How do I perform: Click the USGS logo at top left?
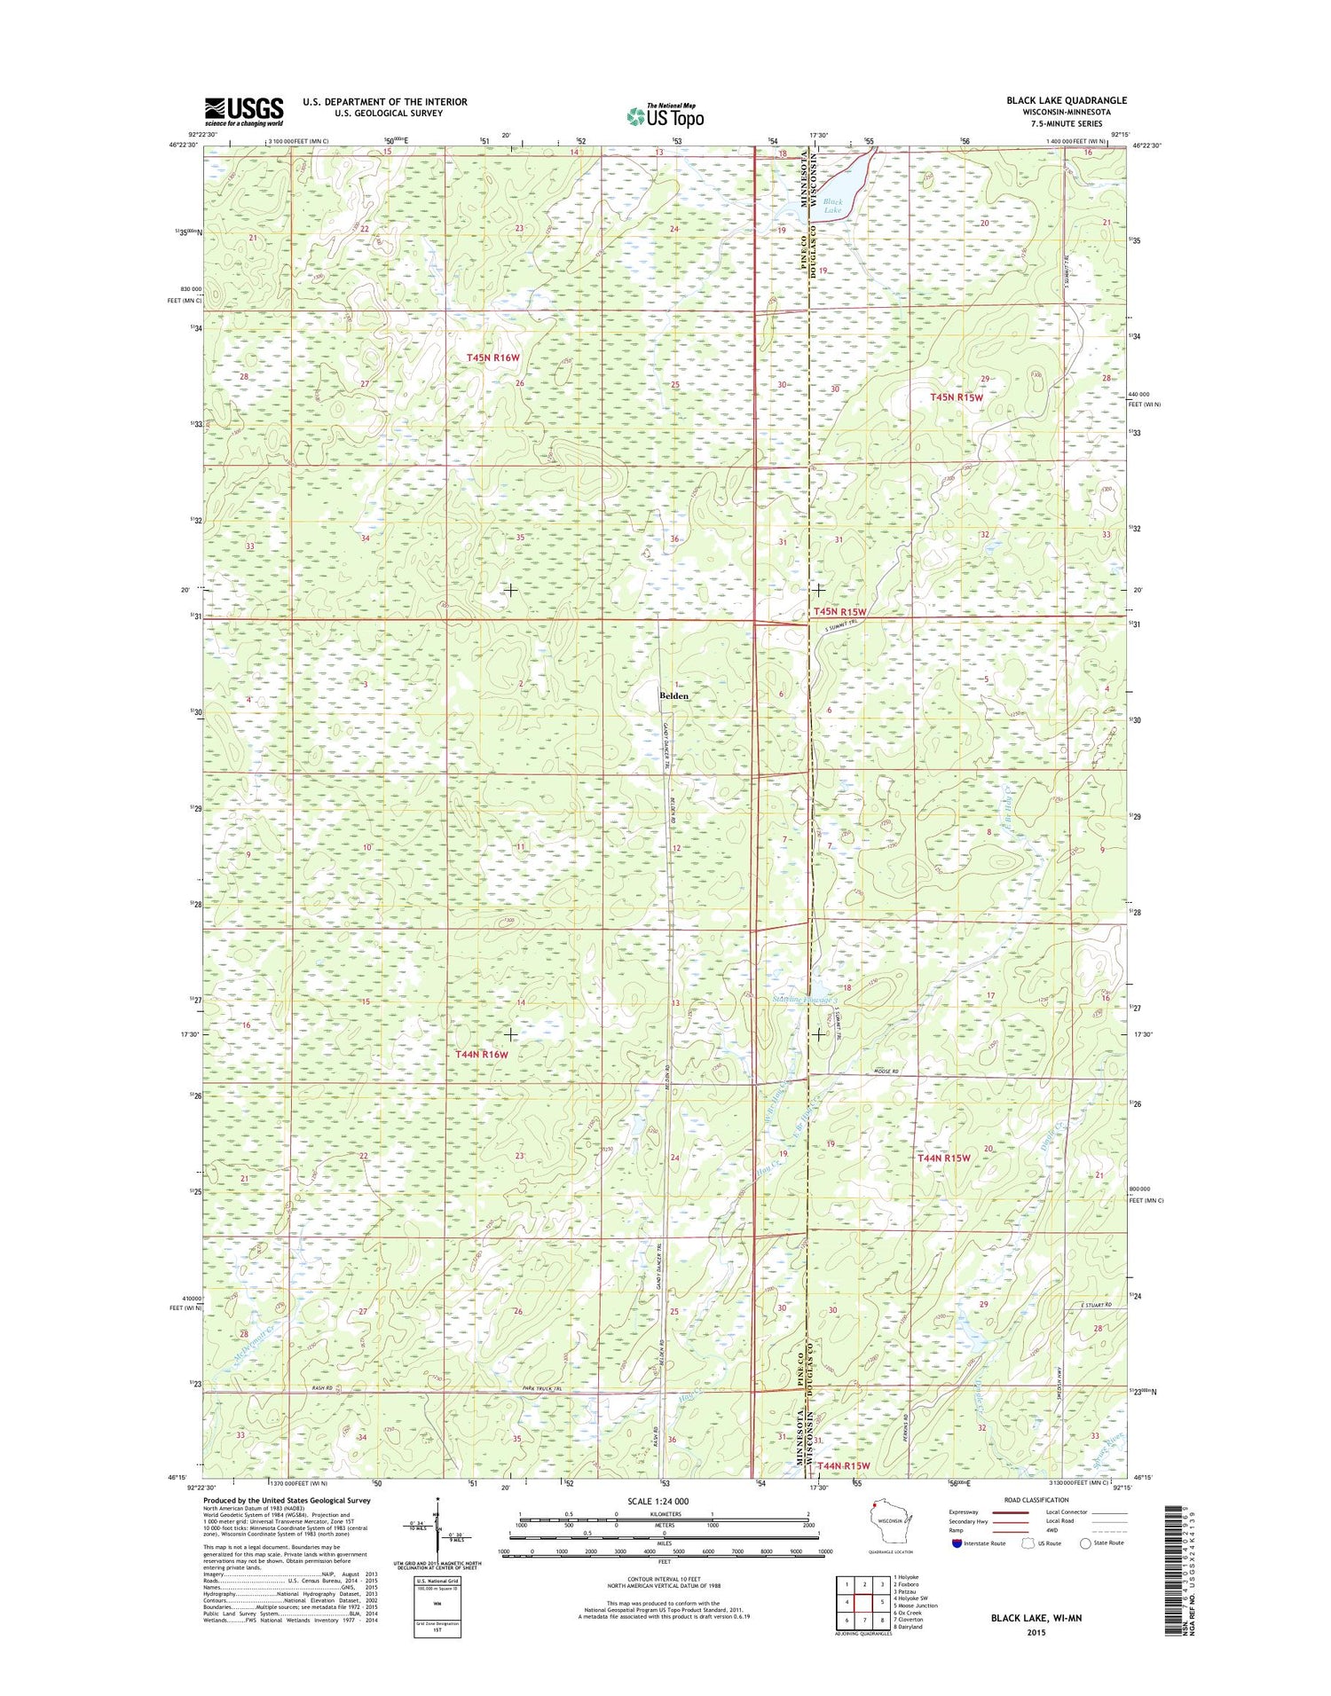coord(244,111)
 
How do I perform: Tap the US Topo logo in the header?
coord(665,116)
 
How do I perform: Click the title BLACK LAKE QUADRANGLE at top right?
coord(1066,100)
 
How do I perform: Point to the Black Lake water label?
coord(832,206)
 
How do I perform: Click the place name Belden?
coord(674,696)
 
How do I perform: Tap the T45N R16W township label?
coord(493,357)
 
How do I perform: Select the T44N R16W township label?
coord(482,1055)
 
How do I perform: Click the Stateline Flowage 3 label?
coord(805,1000)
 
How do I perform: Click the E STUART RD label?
coord(1096,1305)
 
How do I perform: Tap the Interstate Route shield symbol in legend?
coord(956,1543)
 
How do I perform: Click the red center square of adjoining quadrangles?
coord(864,1603)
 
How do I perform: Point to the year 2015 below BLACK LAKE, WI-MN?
coord(1036,1632)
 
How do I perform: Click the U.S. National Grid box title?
coord(437,1581)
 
